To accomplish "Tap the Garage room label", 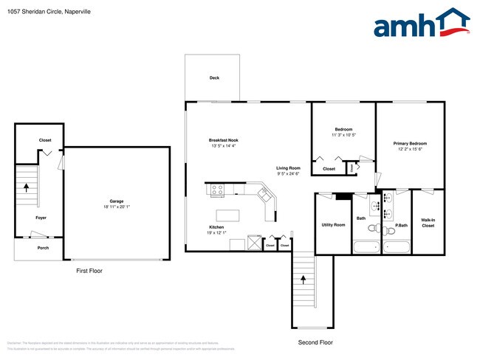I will pyautogui.click(x=117, y=201).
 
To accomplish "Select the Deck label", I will pyautogui.click(x=214, y=77).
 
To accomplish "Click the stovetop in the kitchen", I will pyautogui.click(x=218, y=190).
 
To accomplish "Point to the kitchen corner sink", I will pyautogui.click(x=264, y=195).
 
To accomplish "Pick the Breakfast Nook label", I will pyautogui.click(x=223, y=140).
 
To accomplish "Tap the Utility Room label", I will pyautogui.click(x=333, y=224).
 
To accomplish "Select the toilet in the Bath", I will pyautogui.click(x=374, y=227).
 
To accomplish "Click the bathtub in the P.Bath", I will pyautogui.click(x=396, y=246).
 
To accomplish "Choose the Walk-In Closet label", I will pyautogui.click(x=428, y=223).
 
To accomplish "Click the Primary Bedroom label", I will pyautogui.click(x=410, y=143).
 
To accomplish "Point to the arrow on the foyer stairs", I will pyautogui.click(x=27, y=187).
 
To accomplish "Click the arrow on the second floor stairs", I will pyautogui.click(x=303, y=280).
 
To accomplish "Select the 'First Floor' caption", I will pyautogui.click(x=89, y=271).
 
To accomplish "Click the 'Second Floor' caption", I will pyautogui.click(x=315, y=342).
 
